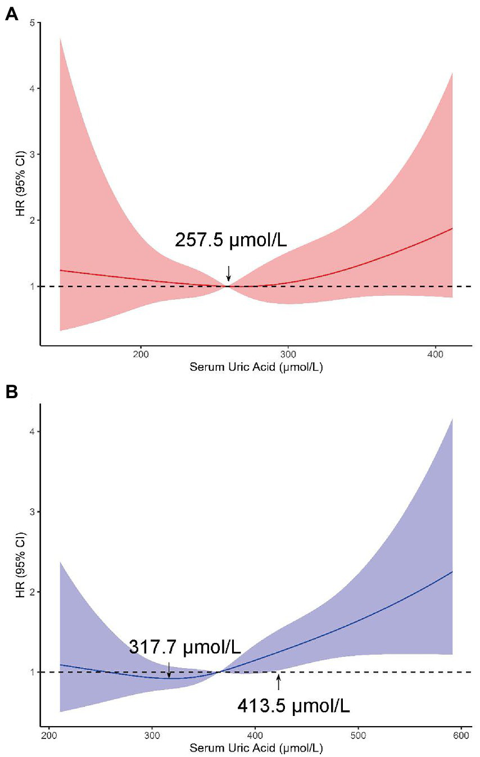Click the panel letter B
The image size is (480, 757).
click(x=11, y=391)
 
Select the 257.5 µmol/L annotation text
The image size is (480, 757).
click(x=231, y=240)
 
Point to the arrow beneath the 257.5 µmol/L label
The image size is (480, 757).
click(x=228, y=273)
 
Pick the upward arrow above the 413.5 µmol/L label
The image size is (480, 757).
click(x=278, y=682)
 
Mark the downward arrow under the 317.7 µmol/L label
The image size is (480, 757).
click(x=169, y=669)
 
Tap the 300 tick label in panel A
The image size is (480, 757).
click(x=288, y=355)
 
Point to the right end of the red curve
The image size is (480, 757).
click(x=452, y=228)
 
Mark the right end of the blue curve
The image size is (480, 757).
click(x=452, y=571)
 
